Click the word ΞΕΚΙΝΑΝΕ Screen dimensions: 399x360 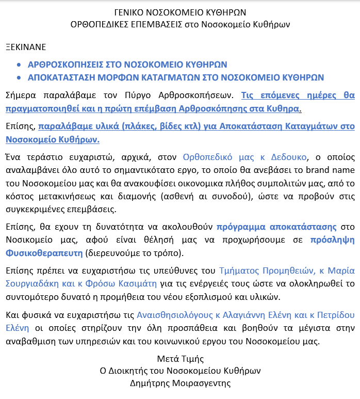tap(26, 47)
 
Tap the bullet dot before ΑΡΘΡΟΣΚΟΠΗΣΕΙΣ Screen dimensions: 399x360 tap(20, 65)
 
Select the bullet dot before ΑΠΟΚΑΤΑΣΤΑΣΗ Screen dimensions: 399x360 tap(20, 78)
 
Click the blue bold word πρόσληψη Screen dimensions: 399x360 tap(333, 227)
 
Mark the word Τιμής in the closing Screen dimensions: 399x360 tap(192, 359)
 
